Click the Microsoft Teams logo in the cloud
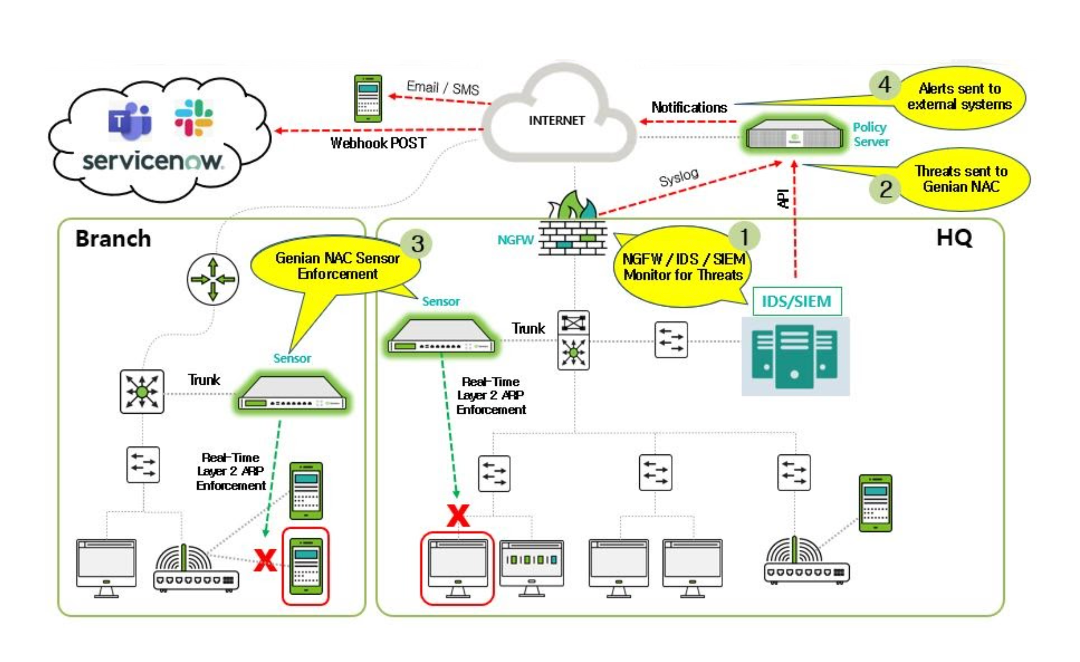click(x=129, y=121)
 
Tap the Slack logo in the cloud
click(x=193, y=117)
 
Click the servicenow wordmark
click(x=153, y=161)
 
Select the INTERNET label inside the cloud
click(x=557, y=121)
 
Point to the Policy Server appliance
click(x=794, y=136)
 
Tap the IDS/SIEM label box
click(x=797, y=302)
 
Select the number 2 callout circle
click(x=885, y=189)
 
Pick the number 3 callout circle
click(x=417, y=244)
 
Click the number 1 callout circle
click(x=744, y=236)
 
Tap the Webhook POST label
click(x=378, y=143)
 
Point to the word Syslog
click(x=679, y=178)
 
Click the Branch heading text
click(x=113, y=238)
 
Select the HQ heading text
click(x=954, y=237)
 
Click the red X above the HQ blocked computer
click(x=458, y=516)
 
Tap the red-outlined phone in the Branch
click(x=306, y=566)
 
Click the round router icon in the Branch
click(x=213, y=280)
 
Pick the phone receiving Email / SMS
click(x=368, y=99)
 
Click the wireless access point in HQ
click(x=806, y=561)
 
